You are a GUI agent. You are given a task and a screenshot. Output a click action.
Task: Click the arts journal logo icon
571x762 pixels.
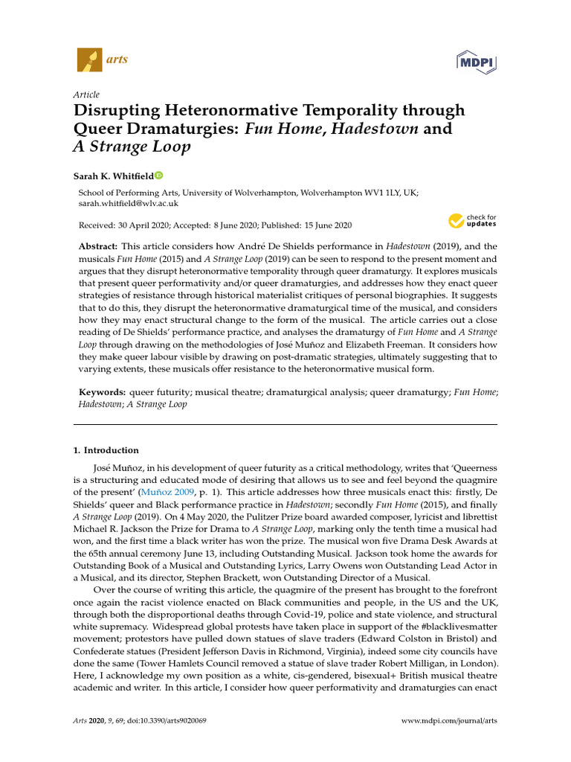click(x=88, y=60)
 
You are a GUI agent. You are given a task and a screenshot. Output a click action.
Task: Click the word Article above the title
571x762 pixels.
click(x=86, y=95)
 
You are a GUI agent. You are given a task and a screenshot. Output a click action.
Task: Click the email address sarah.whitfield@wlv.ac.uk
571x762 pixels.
click(x=128, y=203)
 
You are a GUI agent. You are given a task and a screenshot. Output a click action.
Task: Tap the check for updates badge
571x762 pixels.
click(x=471, y=220)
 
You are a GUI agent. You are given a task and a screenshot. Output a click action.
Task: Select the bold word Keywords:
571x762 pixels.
click(x=102, y=391)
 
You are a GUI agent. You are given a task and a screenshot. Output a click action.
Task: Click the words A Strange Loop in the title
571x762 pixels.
click(x=132, y=147)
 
